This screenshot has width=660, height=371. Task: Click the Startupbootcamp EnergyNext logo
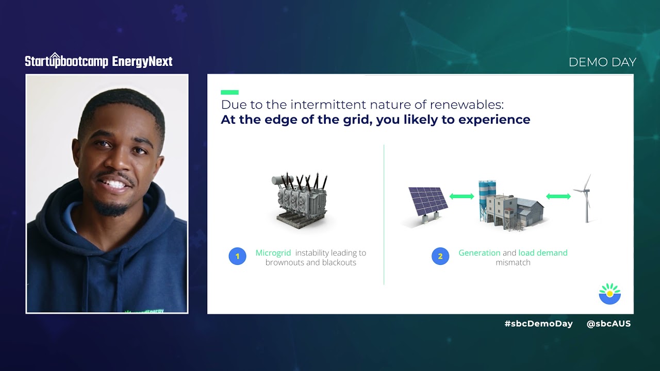(98, 61)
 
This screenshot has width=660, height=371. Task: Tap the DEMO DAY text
(602, 62)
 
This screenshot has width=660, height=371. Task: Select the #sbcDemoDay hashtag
(538, 324)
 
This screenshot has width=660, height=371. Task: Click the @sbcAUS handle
(608, 324)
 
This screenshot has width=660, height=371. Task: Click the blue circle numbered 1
(237, 256)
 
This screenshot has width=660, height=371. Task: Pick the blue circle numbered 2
(440, 256)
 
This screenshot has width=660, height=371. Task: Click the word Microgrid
(273, 252)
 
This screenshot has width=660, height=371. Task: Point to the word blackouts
(338, 262)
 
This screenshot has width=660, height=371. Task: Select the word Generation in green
(479, 252)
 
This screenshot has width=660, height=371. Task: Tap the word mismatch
(513, 262)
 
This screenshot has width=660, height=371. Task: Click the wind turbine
(586, 198)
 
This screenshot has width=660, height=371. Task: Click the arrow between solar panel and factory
(461, 196)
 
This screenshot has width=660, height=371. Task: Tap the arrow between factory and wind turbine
(558, 196)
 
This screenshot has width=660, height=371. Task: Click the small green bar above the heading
(229, 92)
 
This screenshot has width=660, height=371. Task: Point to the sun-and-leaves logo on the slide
(609, 294)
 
